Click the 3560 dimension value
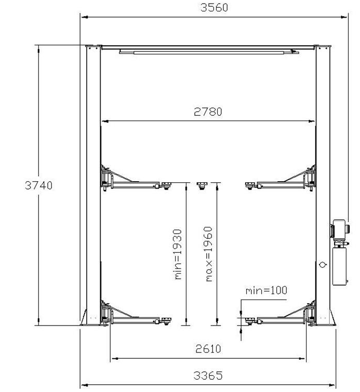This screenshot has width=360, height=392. click(x=214, y=7)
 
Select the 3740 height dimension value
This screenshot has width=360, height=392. click(x=39, y=185)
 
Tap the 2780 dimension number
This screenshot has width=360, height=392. click(x=208, y=112)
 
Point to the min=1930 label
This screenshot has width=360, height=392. click(x=178, y=254)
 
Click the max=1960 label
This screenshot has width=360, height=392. click(x=209, y=254)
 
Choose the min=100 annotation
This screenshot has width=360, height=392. click(x=266, y=290)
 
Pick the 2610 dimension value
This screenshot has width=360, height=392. click(x=208, y=348)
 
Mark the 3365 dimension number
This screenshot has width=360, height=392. click(x=208, y=375)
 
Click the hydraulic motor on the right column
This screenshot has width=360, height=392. click(x=340, y=229)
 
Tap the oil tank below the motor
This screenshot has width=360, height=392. click(x=340, y=266)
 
